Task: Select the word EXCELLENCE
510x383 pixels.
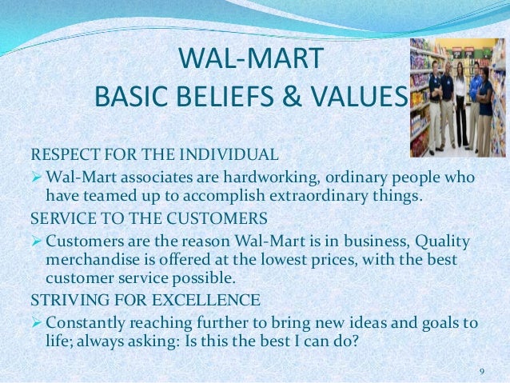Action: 204,301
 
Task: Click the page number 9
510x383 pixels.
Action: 481,371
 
